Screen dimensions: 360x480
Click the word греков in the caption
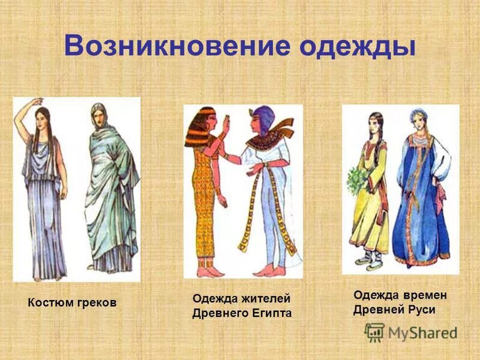click(x=96, y=304)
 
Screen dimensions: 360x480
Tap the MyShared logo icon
click(x=374, y=332)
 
